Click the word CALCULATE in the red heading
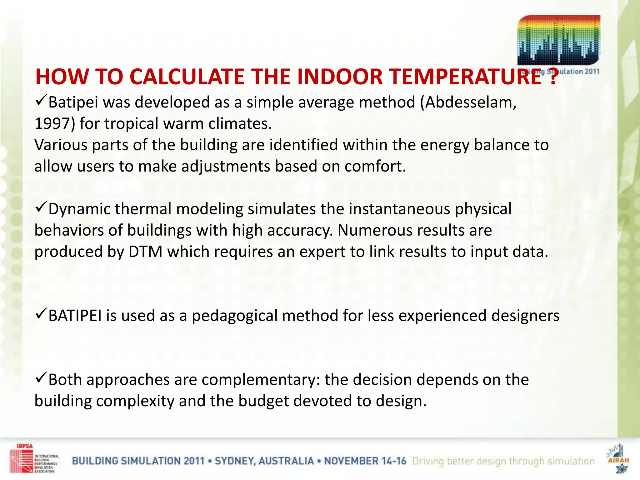187,77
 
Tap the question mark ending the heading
553,77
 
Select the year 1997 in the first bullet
52,123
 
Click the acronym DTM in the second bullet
145,252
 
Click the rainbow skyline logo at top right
559,41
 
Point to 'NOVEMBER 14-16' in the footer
365,461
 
